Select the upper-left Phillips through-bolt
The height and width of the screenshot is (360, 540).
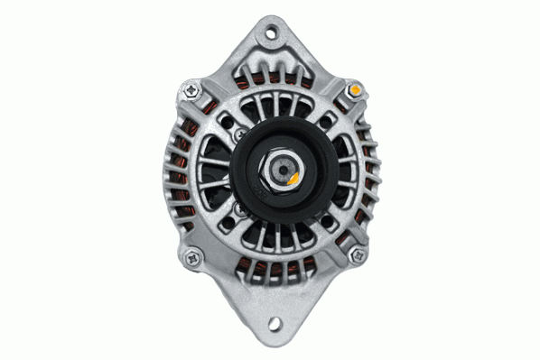192,89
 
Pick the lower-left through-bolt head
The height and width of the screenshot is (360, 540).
192,259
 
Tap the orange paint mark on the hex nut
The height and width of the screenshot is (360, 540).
293,180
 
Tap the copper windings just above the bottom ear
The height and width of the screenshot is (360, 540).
271,268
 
